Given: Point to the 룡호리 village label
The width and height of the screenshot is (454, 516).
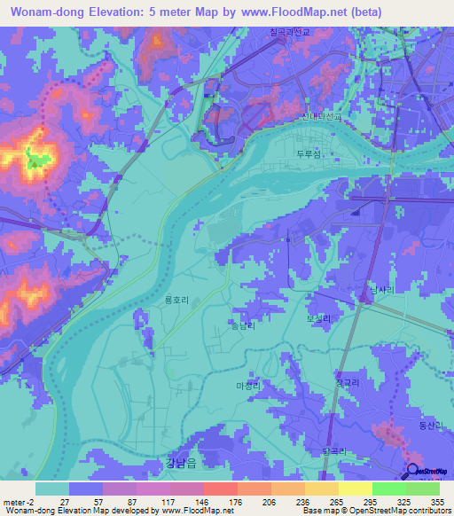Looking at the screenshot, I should click(x=176, y=301).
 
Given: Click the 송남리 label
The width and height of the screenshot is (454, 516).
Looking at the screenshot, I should click(x=241, y=325).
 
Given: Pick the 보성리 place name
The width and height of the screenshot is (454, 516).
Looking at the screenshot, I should click(x=317, y=317).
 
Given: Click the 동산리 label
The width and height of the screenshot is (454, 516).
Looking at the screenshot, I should click(x=429, y=426).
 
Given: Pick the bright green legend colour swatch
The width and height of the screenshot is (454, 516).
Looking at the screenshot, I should click(x=388, y=488).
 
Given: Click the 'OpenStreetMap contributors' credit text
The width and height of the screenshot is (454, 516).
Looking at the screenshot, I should click(x=401, y=510).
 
